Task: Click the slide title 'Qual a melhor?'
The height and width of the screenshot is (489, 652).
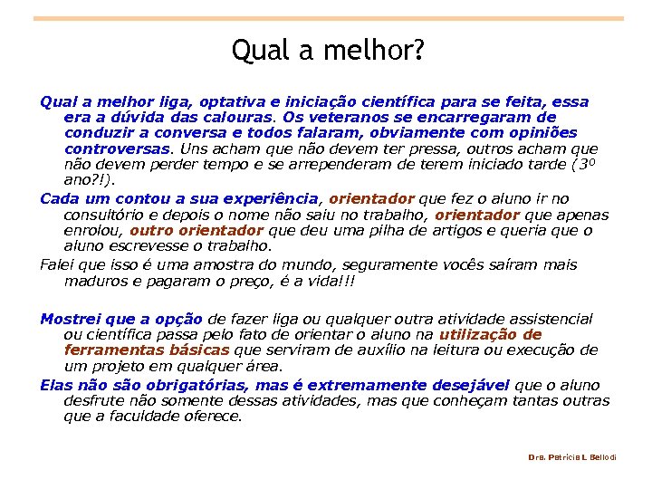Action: pos(326,50)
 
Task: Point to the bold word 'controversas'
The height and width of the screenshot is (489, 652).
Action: pos(118,148)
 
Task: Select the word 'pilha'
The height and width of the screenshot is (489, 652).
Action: pos(373,230)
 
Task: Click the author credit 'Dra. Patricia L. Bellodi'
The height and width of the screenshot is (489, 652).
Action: pos(572,457)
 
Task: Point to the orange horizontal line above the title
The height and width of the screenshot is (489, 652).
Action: pos(329,18)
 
